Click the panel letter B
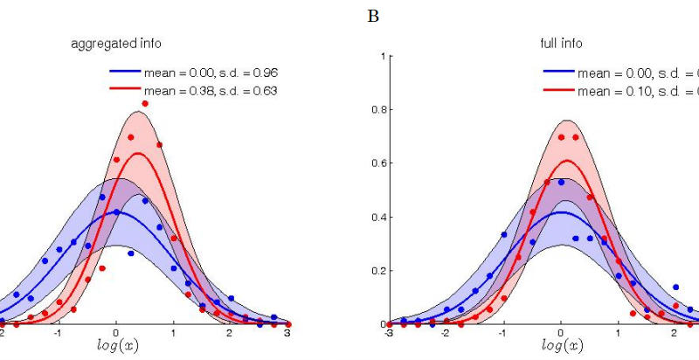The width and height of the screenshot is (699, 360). (373, 17)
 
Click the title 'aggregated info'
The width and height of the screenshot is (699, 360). (116, 43)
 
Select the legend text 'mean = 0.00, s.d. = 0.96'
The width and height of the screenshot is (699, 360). (210, 73)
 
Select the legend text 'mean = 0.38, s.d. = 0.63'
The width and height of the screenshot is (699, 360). (210, 90)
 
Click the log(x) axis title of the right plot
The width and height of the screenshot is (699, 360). (561, 345)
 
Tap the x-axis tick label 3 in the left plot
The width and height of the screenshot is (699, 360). (287, 333)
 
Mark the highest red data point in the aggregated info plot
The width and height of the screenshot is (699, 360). (145, 104)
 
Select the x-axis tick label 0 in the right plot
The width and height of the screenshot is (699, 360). (561, 333)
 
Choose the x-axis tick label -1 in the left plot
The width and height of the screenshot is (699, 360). (58, 333)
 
